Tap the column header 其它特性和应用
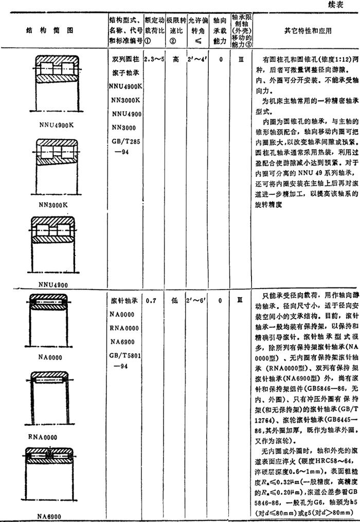tap(308, 30)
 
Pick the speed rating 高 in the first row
tap(176, 59)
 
